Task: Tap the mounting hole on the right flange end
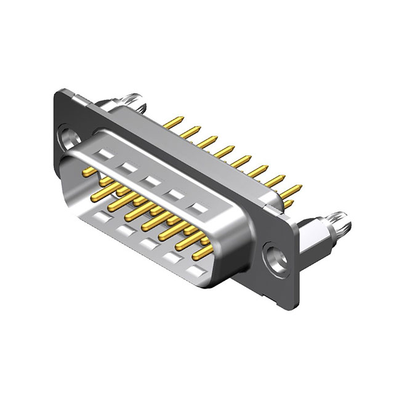click(x=273, y=256)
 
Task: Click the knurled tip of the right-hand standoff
click(x=340, y=220)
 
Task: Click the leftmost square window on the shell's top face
click(x=105, y=155)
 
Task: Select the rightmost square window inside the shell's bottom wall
click(x=196, y=271)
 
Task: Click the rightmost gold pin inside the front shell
click(x=203, y=251)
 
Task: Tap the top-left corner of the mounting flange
click(x=58, y=92)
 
